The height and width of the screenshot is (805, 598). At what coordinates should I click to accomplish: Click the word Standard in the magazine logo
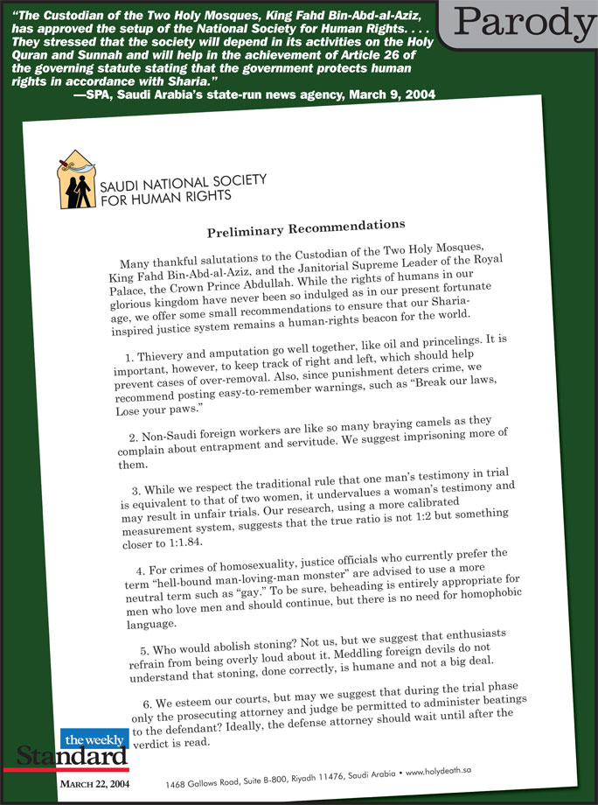(70, 753)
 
